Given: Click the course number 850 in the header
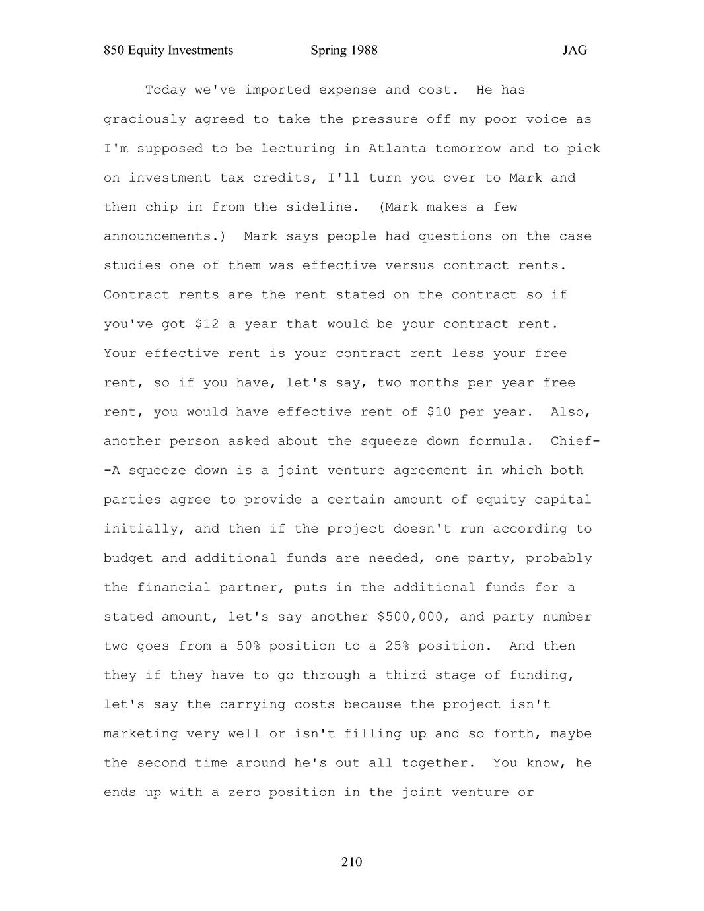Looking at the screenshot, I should (x=114, y=50).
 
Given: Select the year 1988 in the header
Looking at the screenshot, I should (x=363, y=50).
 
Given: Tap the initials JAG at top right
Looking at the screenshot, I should (x=575, y=50).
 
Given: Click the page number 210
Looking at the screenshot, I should (x=352, y=861).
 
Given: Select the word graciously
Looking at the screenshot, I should (x=145, y=119).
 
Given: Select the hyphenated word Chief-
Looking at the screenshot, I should (x=575, y=441).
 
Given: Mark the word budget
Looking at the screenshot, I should (x=128, y=558).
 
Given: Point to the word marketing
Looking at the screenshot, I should (x=141, y=733).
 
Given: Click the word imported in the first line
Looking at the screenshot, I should (x=277, y=90).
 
